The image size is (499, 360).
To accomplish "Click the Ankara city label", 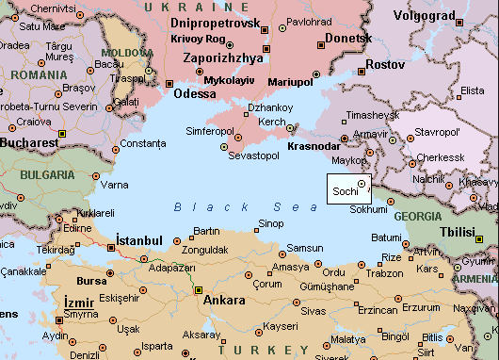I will (x=225, y=301).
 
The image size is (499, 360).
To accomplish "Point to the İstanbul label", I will (x=139, y=240).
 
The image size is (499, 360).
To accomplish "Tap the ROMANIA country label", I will (x=35, y=74).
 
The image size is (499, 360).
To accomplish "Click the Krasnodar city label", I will (x=315, y=148).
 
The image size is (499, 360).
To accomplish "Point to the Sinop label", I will (x=270, y=222).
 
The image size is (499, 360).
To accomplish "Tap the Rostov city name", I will (x=384, y=64).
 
